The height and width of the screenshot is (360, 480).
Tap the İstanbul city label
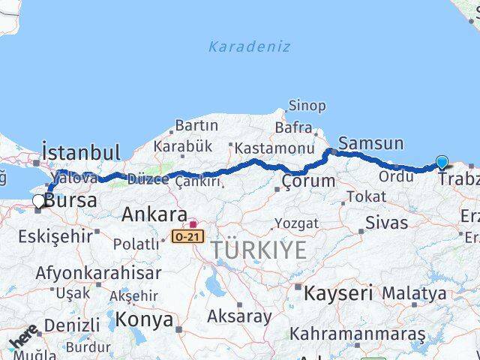(81, 152)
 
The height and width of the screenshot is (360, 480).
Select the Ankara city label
(154, 214)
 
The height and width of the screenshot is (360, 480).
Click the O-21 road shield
(187, 236)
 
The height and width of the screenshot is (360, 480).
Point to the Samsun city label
(371, 143)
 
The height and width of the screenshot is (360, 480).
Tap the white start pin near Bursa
(38, 201)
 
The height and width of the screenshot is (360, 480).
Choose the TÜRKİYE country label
(259, 250)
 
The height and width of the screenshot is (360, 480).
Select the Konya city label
(145, 320)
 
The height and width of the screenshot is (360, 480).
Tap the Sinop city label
(307, 106)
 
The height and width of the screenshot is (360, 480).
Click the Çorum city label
(308, 181)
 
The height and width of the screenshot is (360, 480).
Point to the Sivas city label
(387, 222)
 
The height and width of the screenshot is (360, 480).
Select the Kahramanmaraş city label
(357, 332)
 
